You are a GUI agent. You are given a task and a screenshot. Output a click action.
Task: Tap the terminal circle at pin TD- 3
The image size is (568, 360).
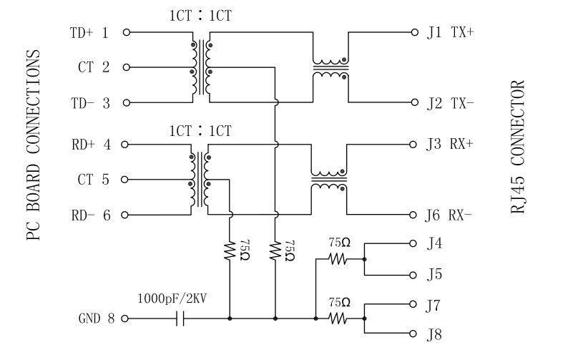[x=127, y=103]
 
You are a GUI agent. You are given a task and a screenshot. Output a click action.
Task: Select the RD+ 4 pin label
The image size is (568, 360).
[x=91, y=145]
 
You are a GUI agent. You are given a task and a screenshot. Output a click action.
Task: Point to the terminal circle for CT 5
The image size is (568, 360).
[x=127, y=180]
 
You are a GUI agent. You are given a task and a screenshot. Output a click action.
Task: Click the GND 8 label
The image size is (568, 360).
[x=96, y=318]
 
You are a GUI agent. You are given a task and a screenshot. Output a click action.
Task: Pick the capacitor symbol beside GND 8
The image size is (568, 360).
[x=180, y=318]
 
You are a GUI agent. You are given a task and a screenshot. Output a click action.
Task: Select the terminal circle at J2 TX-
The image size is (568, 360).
[x=413, y=103]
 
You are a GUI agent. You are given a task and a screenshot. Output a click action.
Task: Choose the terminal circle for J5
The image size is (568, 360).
[x=413, y=276]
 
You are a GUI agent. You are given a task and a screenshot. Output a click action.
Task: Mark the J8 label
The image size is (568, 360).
[x=434, y=334]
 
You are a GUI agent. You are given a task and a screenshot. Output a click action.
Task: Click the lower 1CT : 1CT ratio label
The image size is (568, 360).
[x=200, y=130]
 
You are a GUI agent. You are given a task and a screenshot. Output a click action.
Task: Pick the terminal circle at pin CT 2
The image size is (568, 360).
[x=127, y=68]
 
